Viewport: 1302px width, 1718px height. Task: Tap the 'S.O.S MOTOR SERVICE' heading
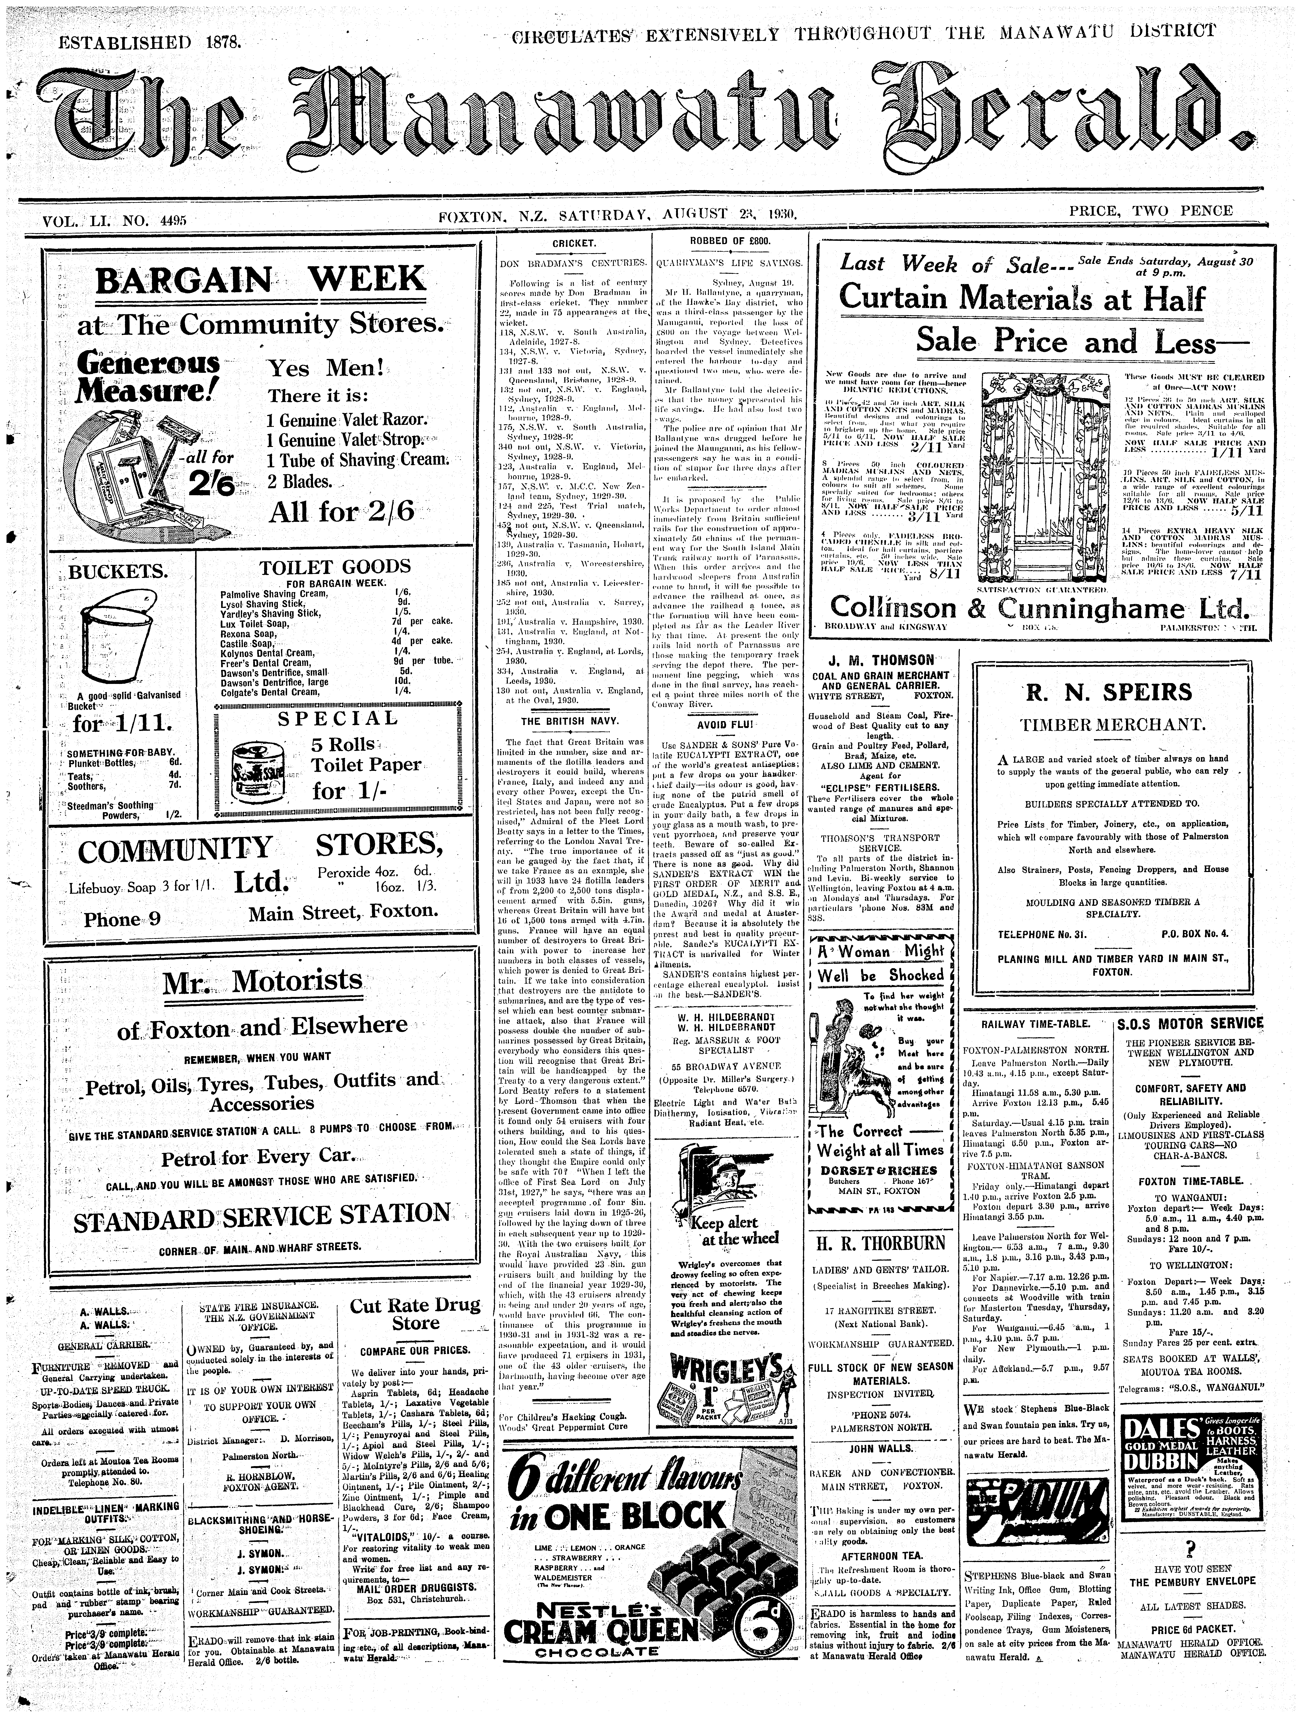1190,1024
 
